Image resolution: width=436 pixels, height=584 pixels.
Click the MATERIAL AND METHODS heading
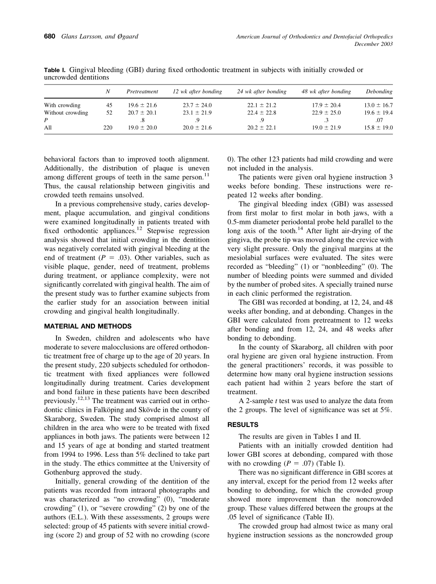[88, 326]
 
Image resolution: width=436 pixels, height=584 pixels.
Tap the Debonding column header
[379, 91]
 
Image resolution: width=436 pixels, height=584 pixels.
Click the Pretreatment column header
[142, 91]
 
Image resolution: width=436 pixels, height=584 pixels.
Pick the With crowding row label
[62, 105]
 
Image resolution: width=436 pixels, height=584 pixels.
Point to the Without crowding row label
[66, 112]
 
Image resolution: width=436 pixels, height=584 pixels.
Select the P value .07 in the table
[379, 120]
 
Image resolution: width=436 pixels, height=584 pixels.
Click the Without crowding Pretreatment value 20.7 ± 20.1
[142, 112]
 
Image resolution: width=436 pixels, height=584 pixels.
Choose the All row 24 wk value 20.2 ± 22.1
[262, 128]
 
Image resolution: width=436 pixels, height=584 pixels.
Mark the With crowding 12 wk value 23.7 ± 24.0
[197, 105]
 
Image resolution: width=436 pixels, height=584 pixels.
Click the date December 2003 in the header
[374, 44]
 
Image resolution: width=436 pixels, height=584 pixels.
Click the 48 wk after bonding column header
[326, 91]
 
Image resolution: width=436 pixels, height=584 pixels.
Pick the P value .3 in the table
[326, 120]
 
